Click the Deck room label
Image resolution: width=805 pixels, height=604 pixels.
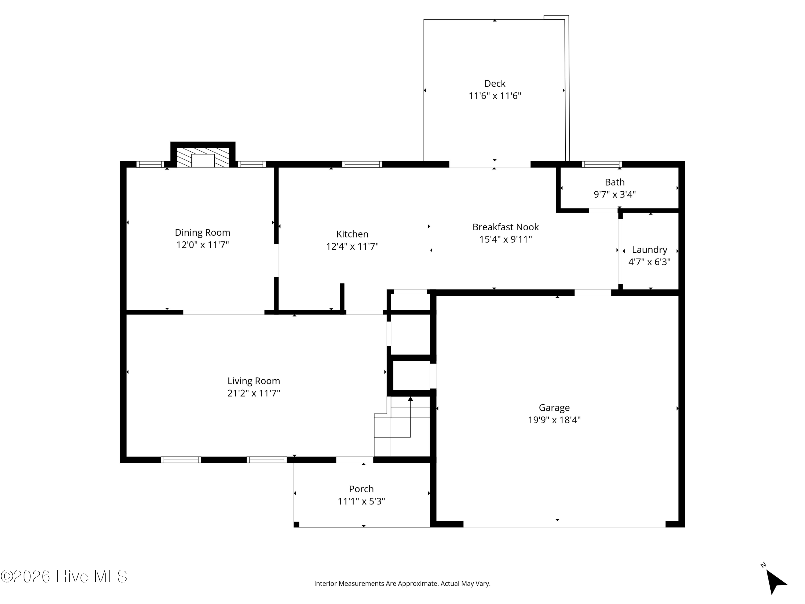tap(495, 83)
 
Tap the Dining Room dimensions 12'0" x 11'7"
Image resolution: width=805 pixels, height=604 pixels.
tap(202, 245)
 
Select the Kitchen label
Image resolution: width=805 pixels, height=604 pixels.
tap(352, 234)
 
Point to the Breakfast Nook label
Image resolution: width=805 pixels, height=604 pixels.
tap(506, 227)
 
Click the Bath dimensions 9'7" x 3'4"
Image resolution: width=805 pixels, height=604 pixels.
tap(615, 194)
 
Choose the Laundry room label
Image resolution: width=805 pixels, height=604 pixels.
tap(650, 250)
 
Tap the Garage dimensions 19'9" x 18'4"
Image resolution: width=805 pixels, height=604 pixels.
tap(554, 420)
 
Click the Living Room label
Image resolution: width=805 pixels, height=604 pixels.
tap(254, 381)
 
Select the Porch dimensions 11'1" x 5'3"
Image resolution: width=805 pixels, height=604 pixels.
tap(361, 501)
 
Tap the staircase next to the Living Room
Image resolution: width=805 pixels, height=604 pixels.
tap(402, 426)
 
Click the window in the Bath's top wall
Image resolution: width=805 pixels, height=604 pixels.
tap(602, 164)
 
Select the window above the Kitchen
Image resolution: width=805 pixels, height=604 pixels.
tap(362, 164)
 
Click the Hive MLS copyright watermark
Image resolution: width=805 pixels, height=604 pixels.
tap(64, 576)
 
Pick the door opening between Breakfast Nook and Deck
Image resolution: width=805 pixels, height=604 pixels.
tap(490, 164)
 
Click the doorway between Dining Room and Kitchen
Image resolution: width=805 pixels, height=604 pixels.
tap(276, 260)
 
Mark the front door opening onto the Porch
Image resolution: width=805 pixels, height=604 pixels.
tap(355, 460)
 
